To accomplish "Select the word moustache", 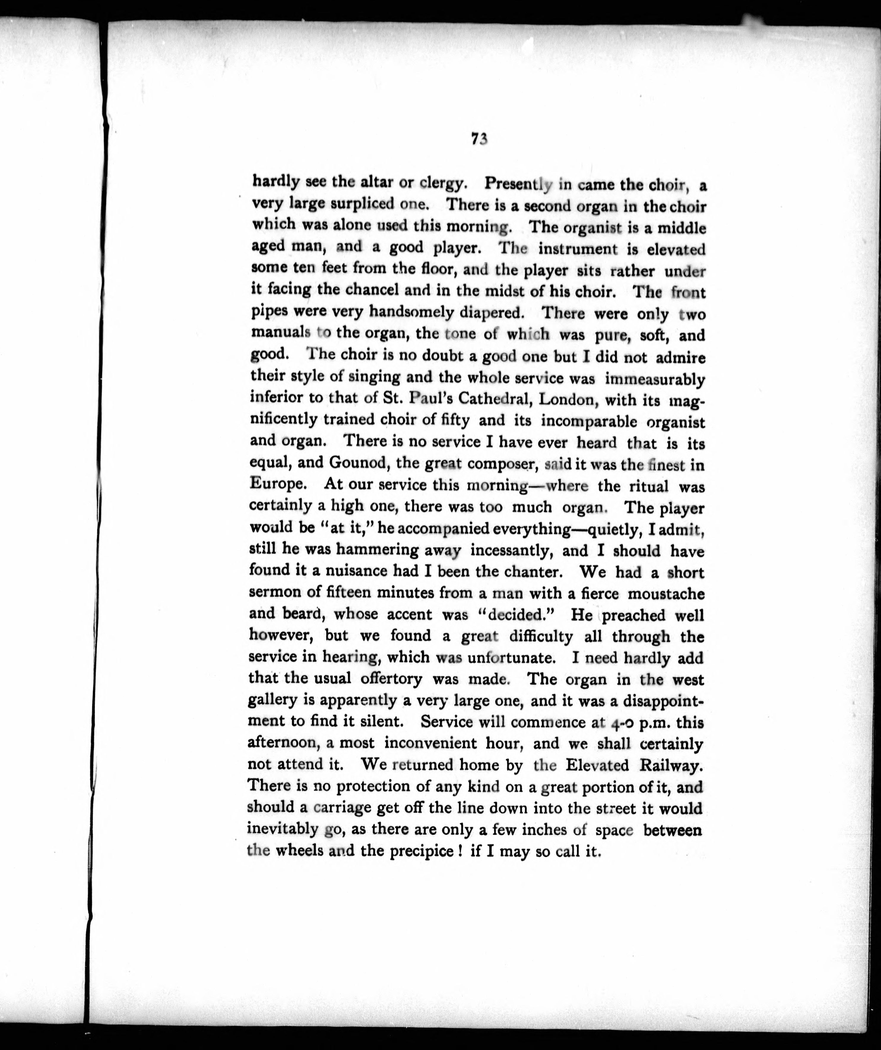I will pos(665,594).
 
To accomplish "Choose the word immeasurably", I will pos(655,379).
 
